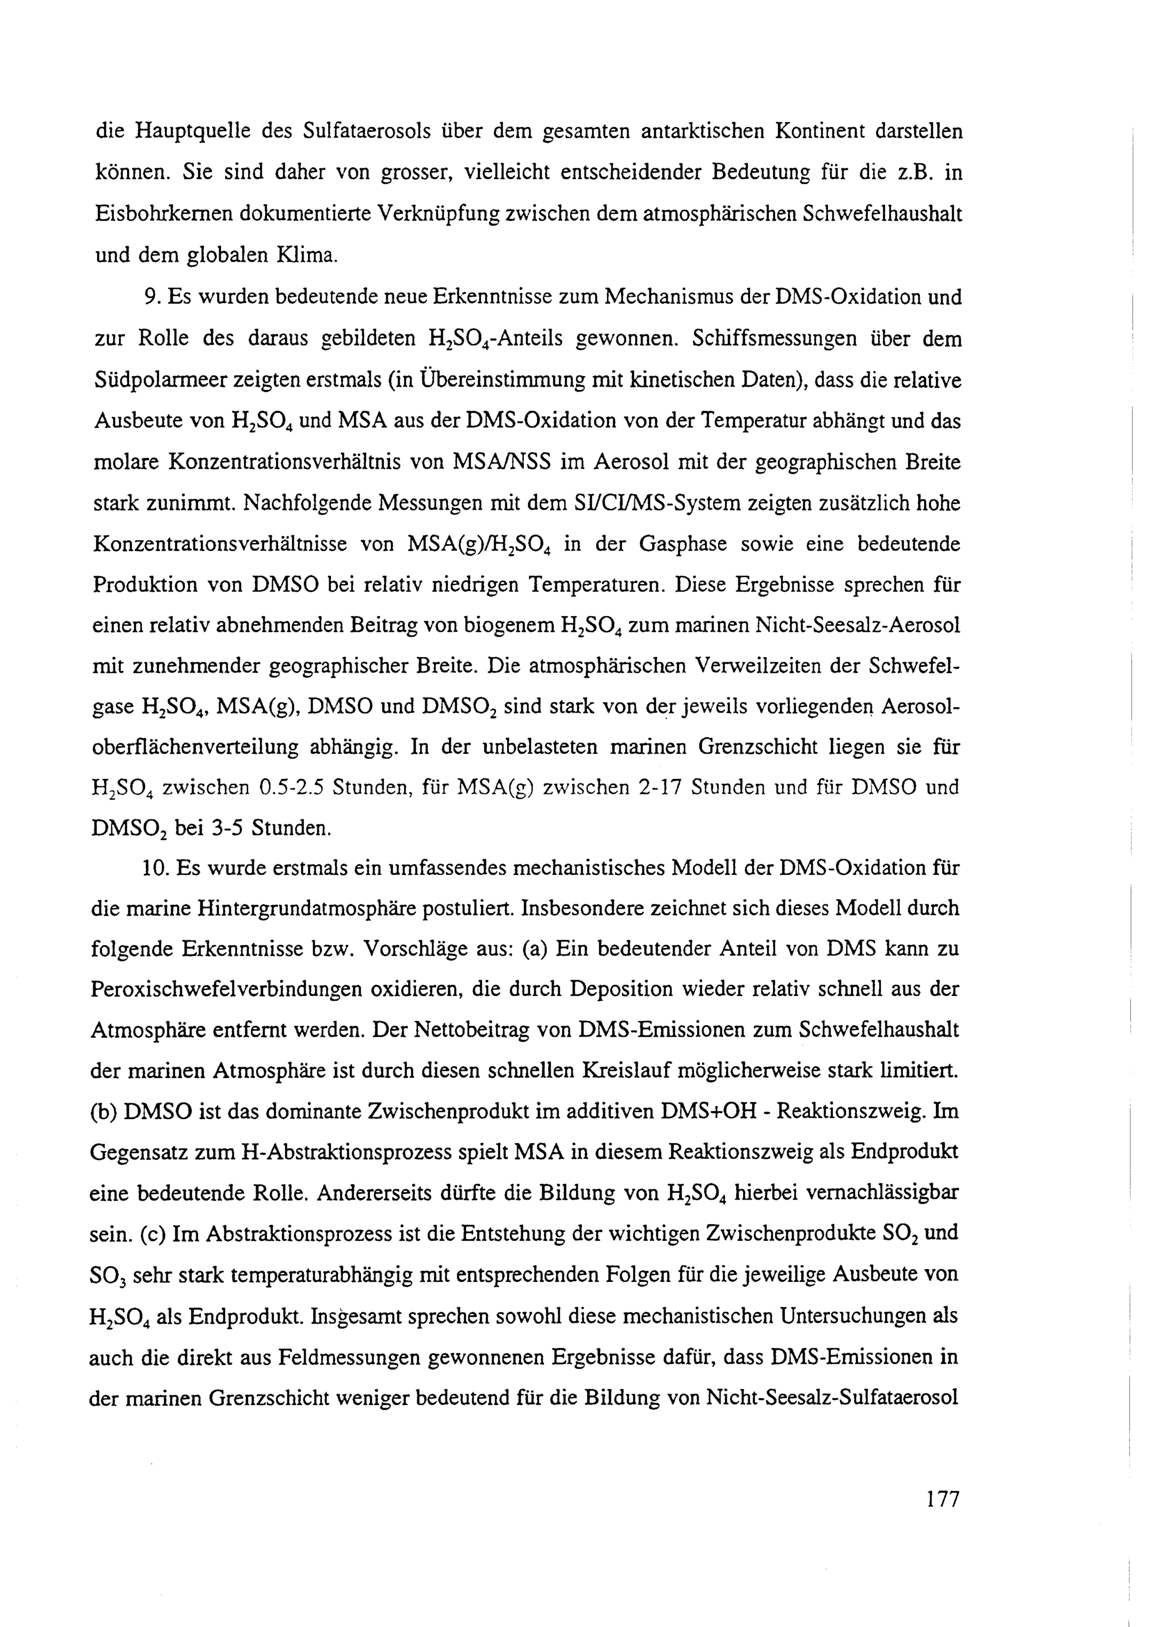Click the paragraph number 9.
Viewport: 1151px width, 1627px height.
tap(153, 297)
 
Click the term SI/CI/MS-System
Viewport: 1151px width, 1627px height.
tap(665, 504)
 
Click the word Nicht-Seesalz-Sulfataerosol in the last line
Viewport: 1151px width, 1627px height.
tap(833, 1398)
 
